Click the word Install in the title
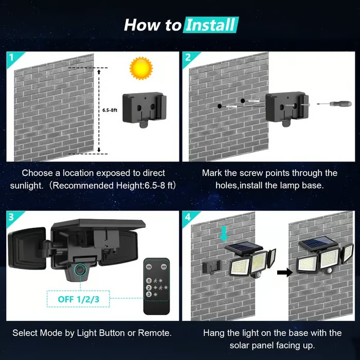coord(211,24)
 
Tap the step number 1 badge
coord(12,57)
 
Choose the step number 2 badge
coord(188,57)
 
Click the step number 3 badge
coord(12,215)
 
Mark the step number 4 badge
coord(188,215)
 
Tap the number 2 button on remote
coord(150,287)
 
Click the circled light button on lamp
coord(79,270)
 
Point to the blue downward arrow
coord(223,233)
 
